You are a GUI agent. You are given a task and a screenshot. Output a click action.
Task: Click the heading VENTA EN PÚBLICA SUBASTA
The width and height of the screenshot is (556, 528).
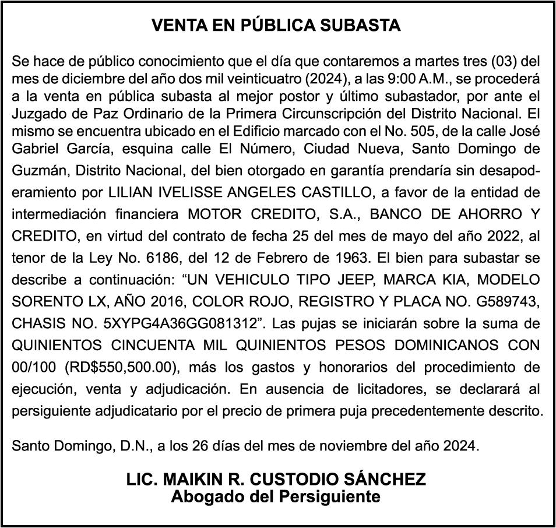(x=276, y=26)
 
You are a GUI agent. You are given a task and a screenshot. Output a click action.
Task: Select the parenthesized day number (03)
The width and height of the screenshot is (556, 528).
(x=503, y=61)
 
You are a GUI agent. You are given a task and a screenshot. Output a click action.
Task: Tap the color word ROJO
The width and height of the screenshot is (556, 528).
(x=270, y=301)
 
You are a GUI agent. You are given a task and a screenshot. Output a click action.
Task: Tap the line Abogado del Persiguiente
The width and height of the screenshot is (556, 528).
(x=276, y=497)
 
